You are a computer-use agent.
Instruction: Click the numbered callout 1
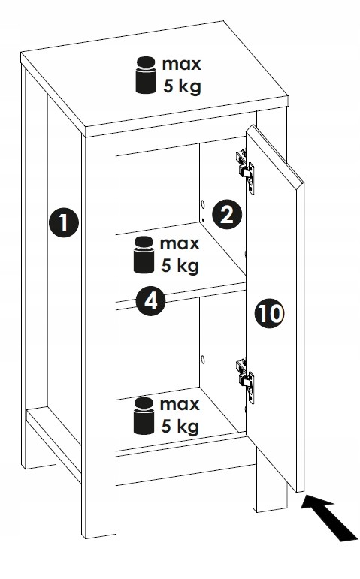(x=64, y=222)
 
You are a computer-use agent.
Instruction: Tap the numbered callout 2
(x=226, y=214)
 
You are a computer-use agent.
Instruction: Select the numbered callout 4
(x=150, y=301)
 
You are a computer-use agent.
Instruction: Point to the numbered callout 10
(x=270, y=313)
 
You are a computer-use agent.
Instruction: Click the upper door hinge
(x=245, y=171)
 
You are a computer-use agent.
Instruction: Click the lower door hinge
(x=245, y=381)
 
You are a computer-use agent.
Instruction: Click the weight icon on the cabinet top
(x=146, y=75)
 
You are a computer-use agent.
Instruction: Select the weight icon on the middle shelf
(x=144, y=255)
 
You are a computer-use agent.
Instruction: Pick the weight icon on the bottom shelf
(x=144, y=416)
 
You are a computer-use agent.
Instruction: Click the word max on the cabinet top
(x=181, y=65)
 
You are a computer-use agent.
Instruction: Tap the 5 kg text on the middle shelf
(x=180, y=266)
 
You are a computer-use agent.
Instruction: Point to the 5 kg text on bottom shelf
(x=180, y=427)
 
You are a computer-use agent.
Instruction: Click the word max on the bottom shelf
(x=180, y=404)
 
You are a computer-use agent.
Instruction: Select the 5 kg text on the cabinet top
(x=182, y=86)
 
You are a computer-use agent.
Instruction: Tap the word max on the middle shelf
(x=180, y=244)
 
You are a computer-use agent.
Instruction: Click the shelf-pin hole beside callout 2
(x=202, y=204)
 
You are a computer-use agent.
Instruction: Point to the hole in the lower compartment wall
(x=202, y=359)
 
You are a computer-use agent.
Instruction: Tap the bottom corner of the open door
(x=296, y=491)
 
